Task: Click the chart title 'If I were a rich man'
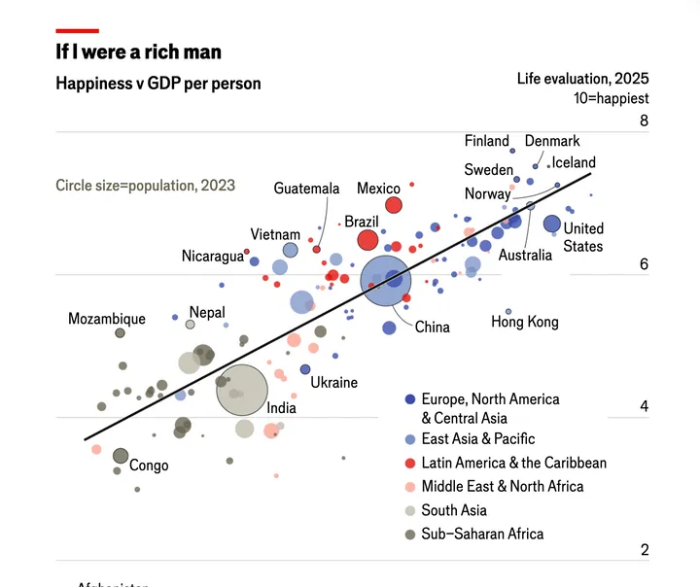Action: point(138,52)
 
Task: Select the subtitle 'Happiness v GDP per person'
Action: point(158,84)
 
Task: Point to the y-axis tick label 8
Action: point(644,121)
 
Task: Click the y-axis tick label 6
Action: point(644,264)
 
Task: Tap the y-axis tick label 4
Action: point(644,406)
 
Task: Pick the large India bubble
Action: point(241,389)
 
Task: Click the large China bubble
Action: point(386,281)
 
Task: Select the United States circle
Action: point(552,224)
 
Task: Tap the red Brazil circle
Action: point(367,240)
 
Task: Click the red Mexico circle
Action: point(394,204)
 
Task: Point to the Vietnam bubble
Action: point(291,251)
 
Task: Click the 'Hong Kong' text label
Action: point(524,322)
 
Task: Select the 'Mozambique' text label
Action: point(107,319)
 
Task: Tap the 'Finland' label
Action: point(486,141)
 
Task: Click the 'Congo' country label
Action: point(149,466)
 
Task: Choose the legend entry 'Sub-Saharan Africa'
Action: point(482,534)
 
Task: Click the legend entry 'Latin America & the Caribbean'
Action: point(513,463)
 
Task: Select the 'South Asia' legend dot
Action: point(410,510)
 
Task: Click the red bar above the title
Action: point(77,31)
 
